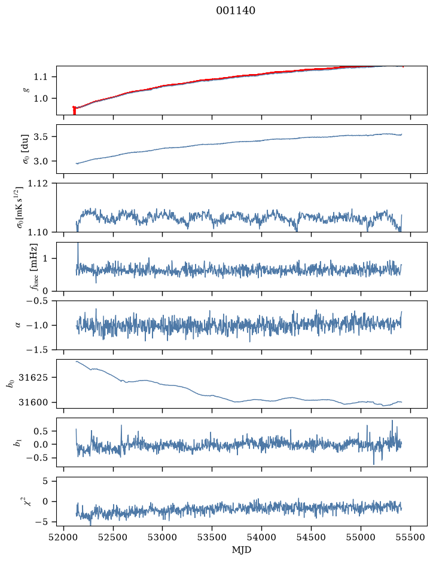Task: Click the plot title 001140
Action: (236, 11)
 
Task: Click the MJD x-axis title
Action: (242, 550)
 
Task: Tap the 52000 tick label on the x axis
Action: (64, 537)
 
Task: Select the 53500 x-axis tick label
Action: (212, 537)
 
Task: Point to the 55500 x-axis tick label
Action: (410, 537)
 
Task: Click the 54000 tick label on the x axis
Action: (261, 537)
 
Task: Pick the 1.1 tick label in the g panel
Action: (40, 77)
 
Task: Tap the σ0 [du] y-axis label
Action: (26, 149)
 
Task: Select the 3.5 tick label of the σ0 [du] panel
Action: (40, 137)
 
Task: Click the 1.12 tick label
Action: (37, 183)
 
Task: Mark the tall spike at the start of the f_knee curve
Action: (78, 245)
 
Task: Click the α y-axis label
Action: (18, 325)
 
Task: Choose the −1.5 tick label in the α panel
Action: (37, 350)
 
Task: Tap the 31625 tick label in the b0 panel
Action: (33, 378)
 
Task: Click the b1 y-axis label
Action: (17, 443)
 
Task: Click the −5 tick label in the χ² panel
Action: (41, 522)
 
